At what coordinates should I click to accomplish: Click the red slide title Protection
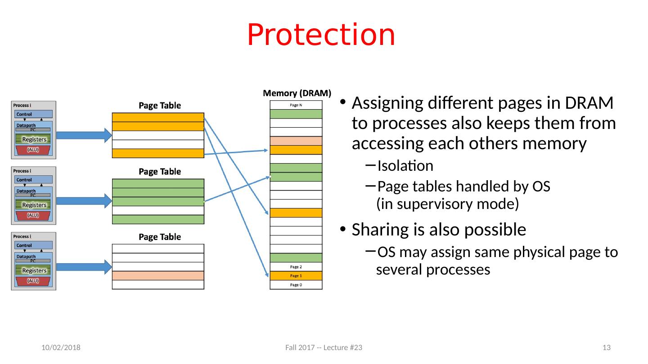click(321, 35)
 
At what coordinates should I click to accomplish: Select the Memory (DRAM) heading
click(297, 93)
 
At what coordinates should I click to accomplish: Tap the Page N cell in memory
click(296, 105)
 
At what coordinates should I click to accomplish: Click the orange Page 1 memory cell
click(296, 275)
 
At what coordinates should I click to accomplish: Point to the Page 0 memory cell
click(296, 284)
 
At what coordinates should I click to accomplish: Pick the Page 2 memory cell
click(296, 266)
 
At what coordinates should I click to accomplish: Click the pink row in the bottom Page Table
click(158, 275)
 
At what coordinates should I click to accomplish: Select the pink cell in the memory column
click(296, 141)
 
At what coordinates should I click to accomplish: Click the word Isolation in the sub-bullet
click(405, 166)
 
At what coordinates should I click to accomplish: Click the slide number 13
click(606, 348)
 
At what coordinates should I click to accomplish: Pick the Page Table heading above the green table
click(160, 172)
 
